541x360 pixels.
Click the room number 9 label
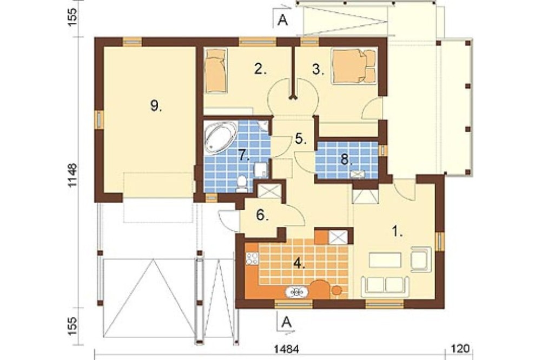pos(156,106)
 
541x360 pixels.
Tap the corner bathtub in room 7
pos(220,137)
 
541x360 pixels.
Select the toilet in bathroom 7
pos(241,184)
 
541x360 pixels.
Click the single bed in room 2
pos(216,70)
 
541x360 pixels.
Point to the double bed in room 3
pos(354,66)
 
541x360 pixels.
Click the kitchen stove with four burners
pos(252,258)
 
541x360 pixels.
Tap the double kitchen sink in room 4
pos(296,292)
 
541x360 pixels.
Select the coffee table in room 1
pos(385,260)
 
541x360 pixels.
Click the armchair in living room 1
pos(421,258)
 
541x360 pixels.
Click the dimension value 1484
pos(287,349)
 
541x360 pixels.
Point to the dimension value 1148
pos(73,175)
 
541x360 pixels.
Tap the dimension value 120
pos(460,349)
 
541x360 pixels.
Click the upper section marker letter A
pos(282,21)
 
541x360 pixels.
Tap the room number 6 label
pos(262,215)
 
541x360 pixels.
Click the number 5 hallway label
pos(301,138)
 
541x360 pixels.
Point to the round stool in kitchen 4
pos(336,291)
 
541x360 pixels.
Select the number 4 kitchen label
pos(299,264)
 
